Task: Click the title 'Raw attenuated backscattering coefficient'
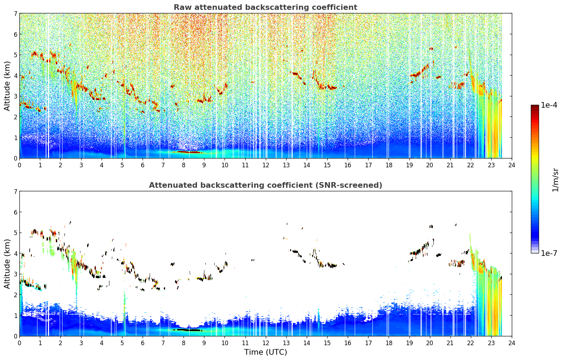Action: [x=265, y=7]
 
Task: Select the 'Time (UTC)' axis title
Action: [x=265, y=352]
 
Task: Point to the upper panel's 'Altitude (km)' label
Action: [x=7, y=86]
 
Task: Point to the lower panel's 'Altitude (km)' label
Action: [x=7, y=264]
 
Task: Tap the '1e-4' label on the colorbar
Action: [x=549, y=105]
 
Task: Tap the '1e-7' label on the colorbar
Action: [x=549, y=253]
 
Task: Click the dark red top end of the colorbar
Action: [x=535, y=106]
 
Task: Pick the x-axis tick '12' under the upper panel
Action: [x=266, y=165]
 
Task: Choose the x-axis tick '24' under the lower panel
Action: [x=512, y=343]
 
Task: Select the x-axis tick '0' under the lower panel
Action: [x=20, y=343]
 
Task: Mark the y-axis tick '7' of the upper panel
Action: [x=16, y=13]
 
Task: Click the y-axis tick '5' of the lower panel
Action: [x=16, y=233]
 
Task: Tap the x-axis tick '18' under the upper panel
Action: [x=389, y=165]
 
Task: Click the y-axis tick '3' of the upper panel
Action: [x=16, y=96]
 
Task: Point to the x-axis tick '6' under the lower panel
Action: [x=143, y=343]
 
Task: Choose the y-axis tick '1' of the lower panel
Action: [x=16, y=316]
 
